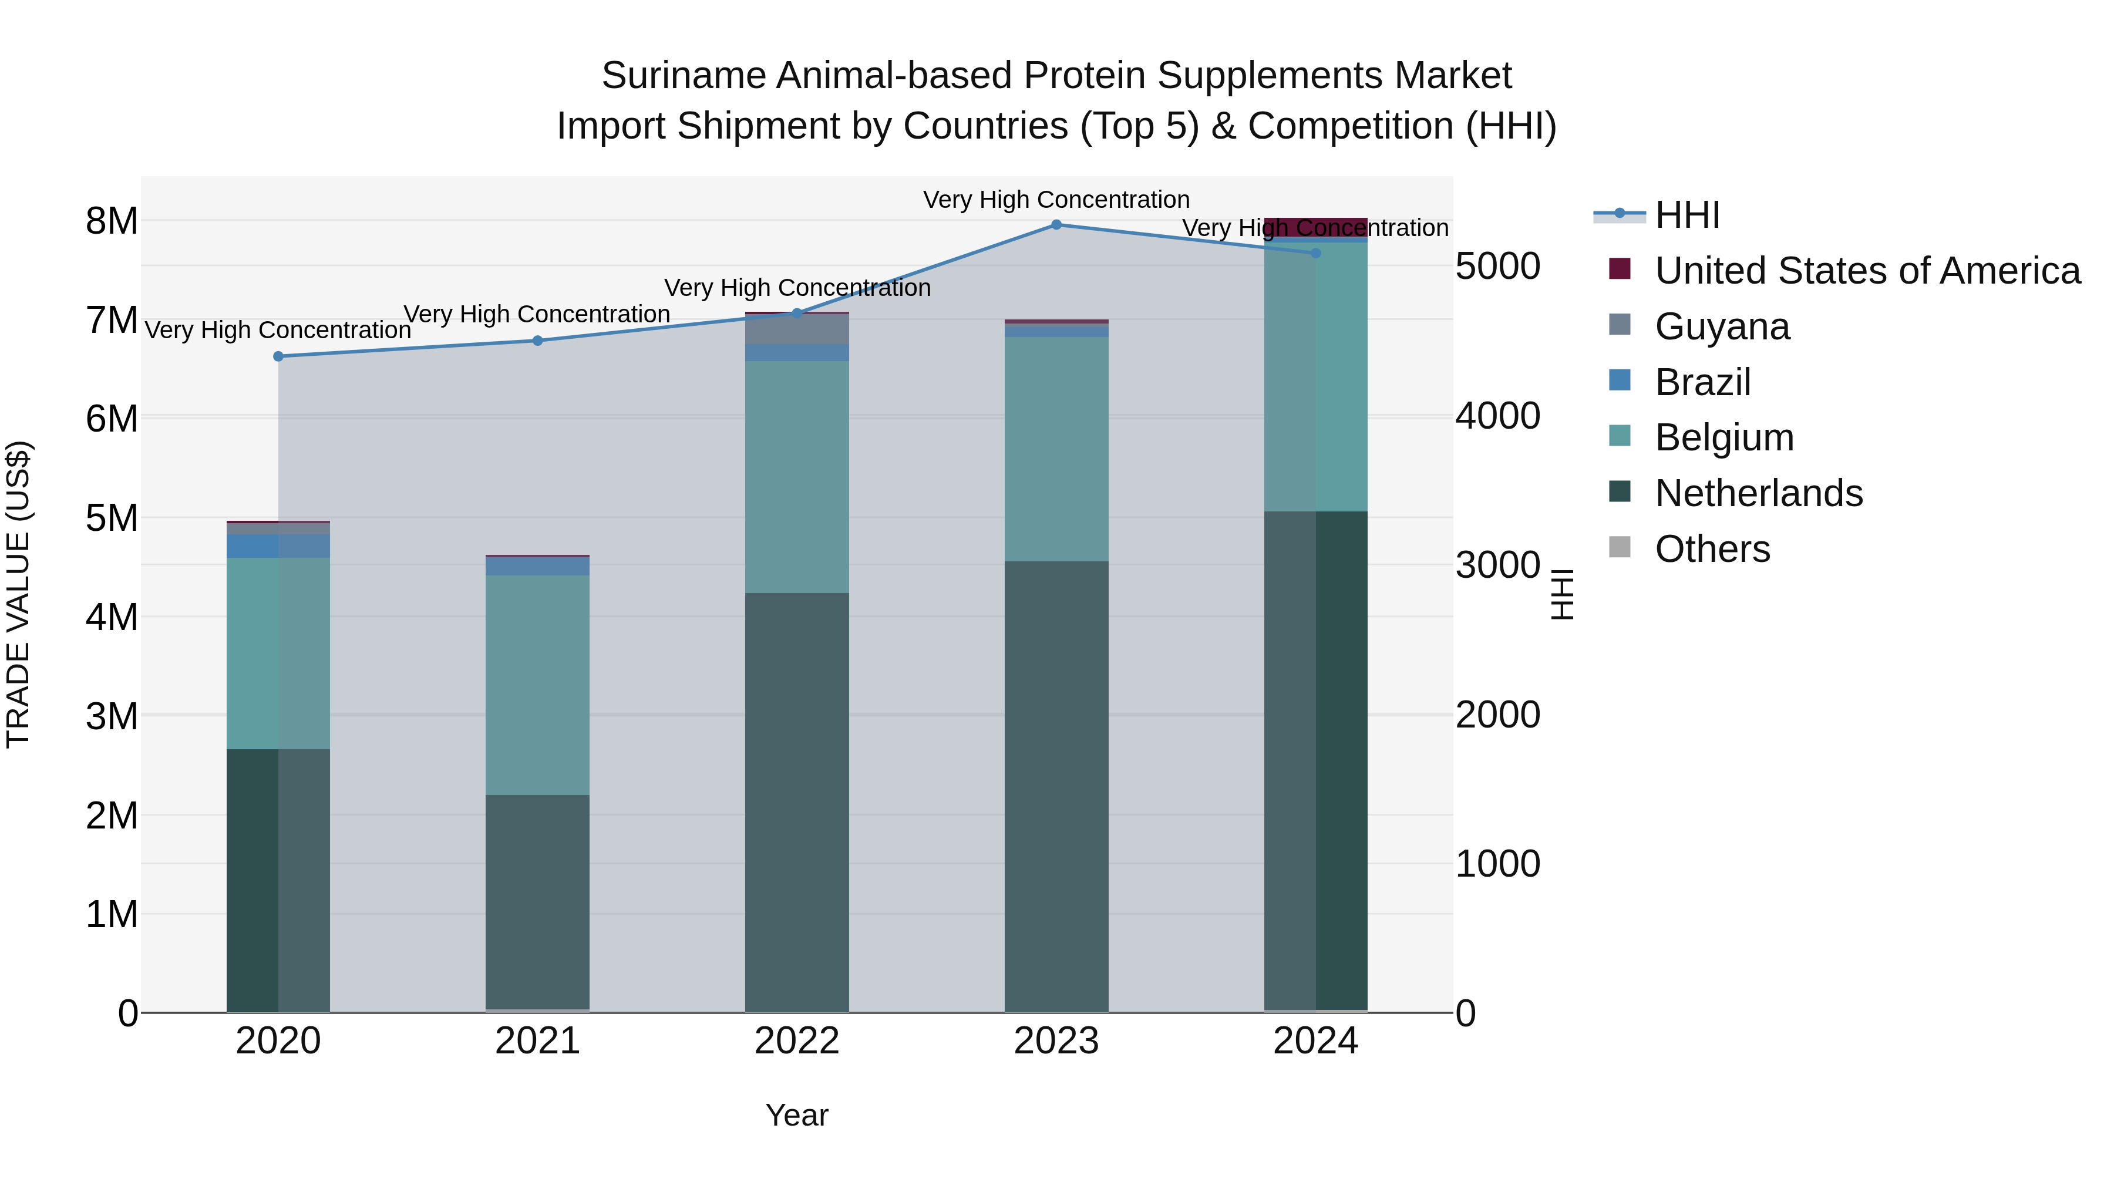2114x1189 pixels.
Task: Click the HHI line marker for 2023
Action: [1056, 225]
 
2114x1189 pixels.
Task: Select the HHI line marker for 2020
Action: [278, 356]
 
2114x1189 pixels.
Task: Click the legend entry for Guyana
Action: [1722, 326]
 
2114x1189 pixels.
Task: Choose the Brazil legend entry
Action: [1703, 382]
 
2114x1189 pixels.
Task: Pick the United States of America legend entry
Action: [1867, 271]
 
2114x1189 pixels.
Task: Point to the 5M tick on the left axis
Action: [112, 518]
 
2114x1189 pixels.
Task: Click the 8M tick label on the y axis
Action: [112, 221]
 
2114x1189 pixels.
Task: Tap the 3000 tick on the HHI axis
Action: [1497, 565]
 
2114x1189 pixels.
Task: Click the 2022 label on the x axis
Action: [796, 1041]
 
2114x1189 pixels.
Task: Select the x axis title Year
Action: [796, 1115]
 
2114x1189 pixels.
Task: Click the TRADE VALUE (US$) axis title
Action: [18, 594]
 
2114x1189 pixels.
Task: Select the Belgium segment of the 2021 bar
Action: [537, 685]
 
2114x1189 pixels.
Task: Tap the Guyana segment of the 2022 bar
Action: [796, 329]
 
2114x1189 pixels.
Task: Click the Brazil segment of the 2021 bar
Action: [537, 566]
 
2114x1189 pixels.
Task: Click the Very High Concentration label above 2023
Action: [1056, 200]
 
